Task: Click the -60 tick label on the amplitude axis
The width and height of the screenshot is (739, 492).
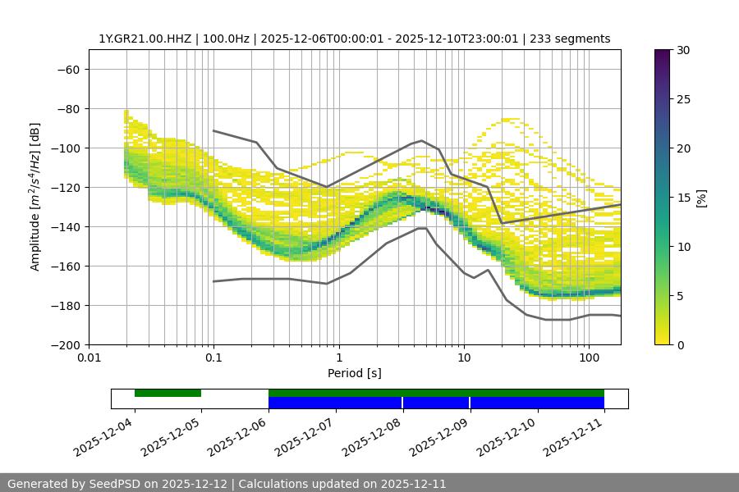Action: pos(67,69)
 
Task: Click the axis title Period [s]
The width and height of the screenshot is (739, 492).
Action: pos(355,374)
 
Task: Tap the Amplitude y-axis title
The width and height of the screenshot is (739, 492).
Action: pos(35,197)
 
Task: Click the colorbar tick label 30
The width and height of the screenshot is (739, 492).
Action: pos(683,50)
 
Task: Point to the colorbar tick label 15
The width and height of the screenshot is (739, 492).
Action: pos(683,198)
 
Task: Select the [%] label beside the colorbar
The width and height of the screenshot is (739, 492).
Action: pos(701,198)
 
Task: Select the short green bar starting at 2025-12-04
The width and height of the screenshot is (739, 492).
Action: pos(168,393)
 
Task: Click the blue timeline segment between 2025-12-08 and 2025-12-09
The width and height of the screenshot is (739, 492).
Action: pos(436,403)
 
